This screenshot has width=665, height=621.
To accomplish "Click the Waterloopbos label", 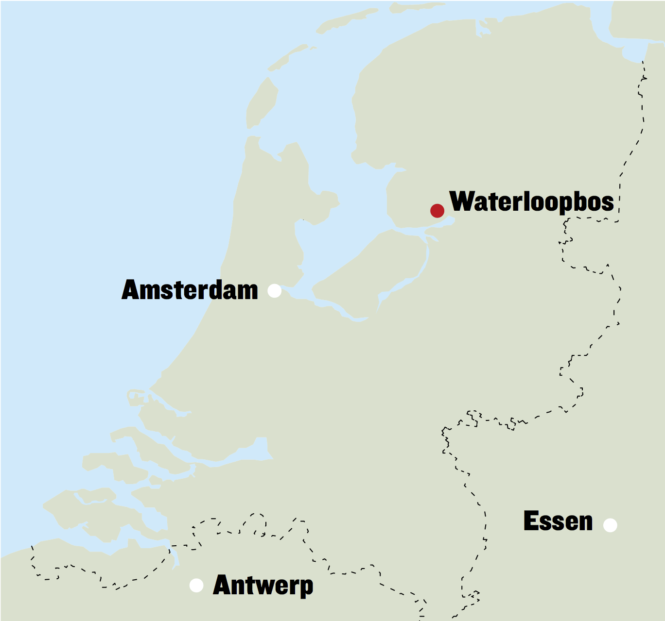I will [532, 201].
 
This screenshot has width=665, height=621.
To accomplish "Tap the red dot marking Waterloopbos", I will [437, 211].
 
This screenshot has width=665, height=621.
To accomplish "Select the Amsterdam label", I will [190, 290].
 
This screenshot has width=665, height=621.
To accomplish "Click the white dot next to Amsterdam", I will [275, 291].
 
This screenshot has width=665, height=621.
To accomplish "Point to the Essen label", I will [558, 521].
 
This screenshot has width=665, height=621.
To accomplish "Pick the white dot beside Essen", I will [610, 525].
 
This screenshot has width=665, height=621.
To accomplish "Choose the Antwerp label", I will [263, 585].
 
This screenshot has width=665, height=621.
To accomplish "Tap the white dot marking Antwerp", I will [196, 586].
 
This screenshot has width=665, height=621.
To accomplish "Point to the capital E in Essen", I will [531, 521].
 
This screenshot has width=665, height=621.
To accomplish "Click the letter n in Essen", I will [585, 523].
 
